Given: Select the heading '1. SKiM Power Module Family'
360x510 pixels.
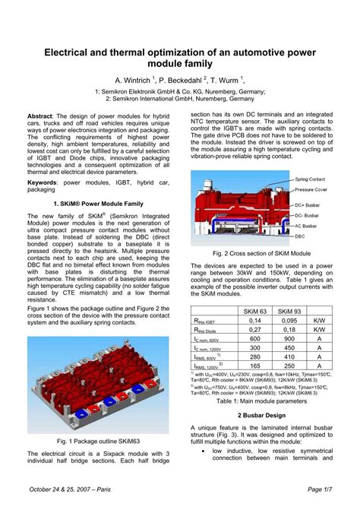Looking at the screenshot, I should coord(96,204).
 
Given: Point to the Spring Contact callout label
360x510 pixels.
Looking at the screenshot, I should coord(310,179).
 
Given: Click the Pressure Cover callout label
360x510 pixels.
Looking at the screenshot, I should coord(311,188).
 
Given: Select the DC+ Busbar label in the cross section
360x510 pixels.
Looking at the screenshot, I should coord(308,205).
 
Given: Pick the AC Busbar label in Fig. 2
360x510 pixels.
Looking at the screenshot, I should coord(307,226).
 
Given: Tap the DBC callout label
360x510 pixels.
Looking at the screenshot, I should coord(300,236).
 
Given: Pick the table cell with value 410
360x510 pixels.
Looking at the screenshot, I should coord(289,356).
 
